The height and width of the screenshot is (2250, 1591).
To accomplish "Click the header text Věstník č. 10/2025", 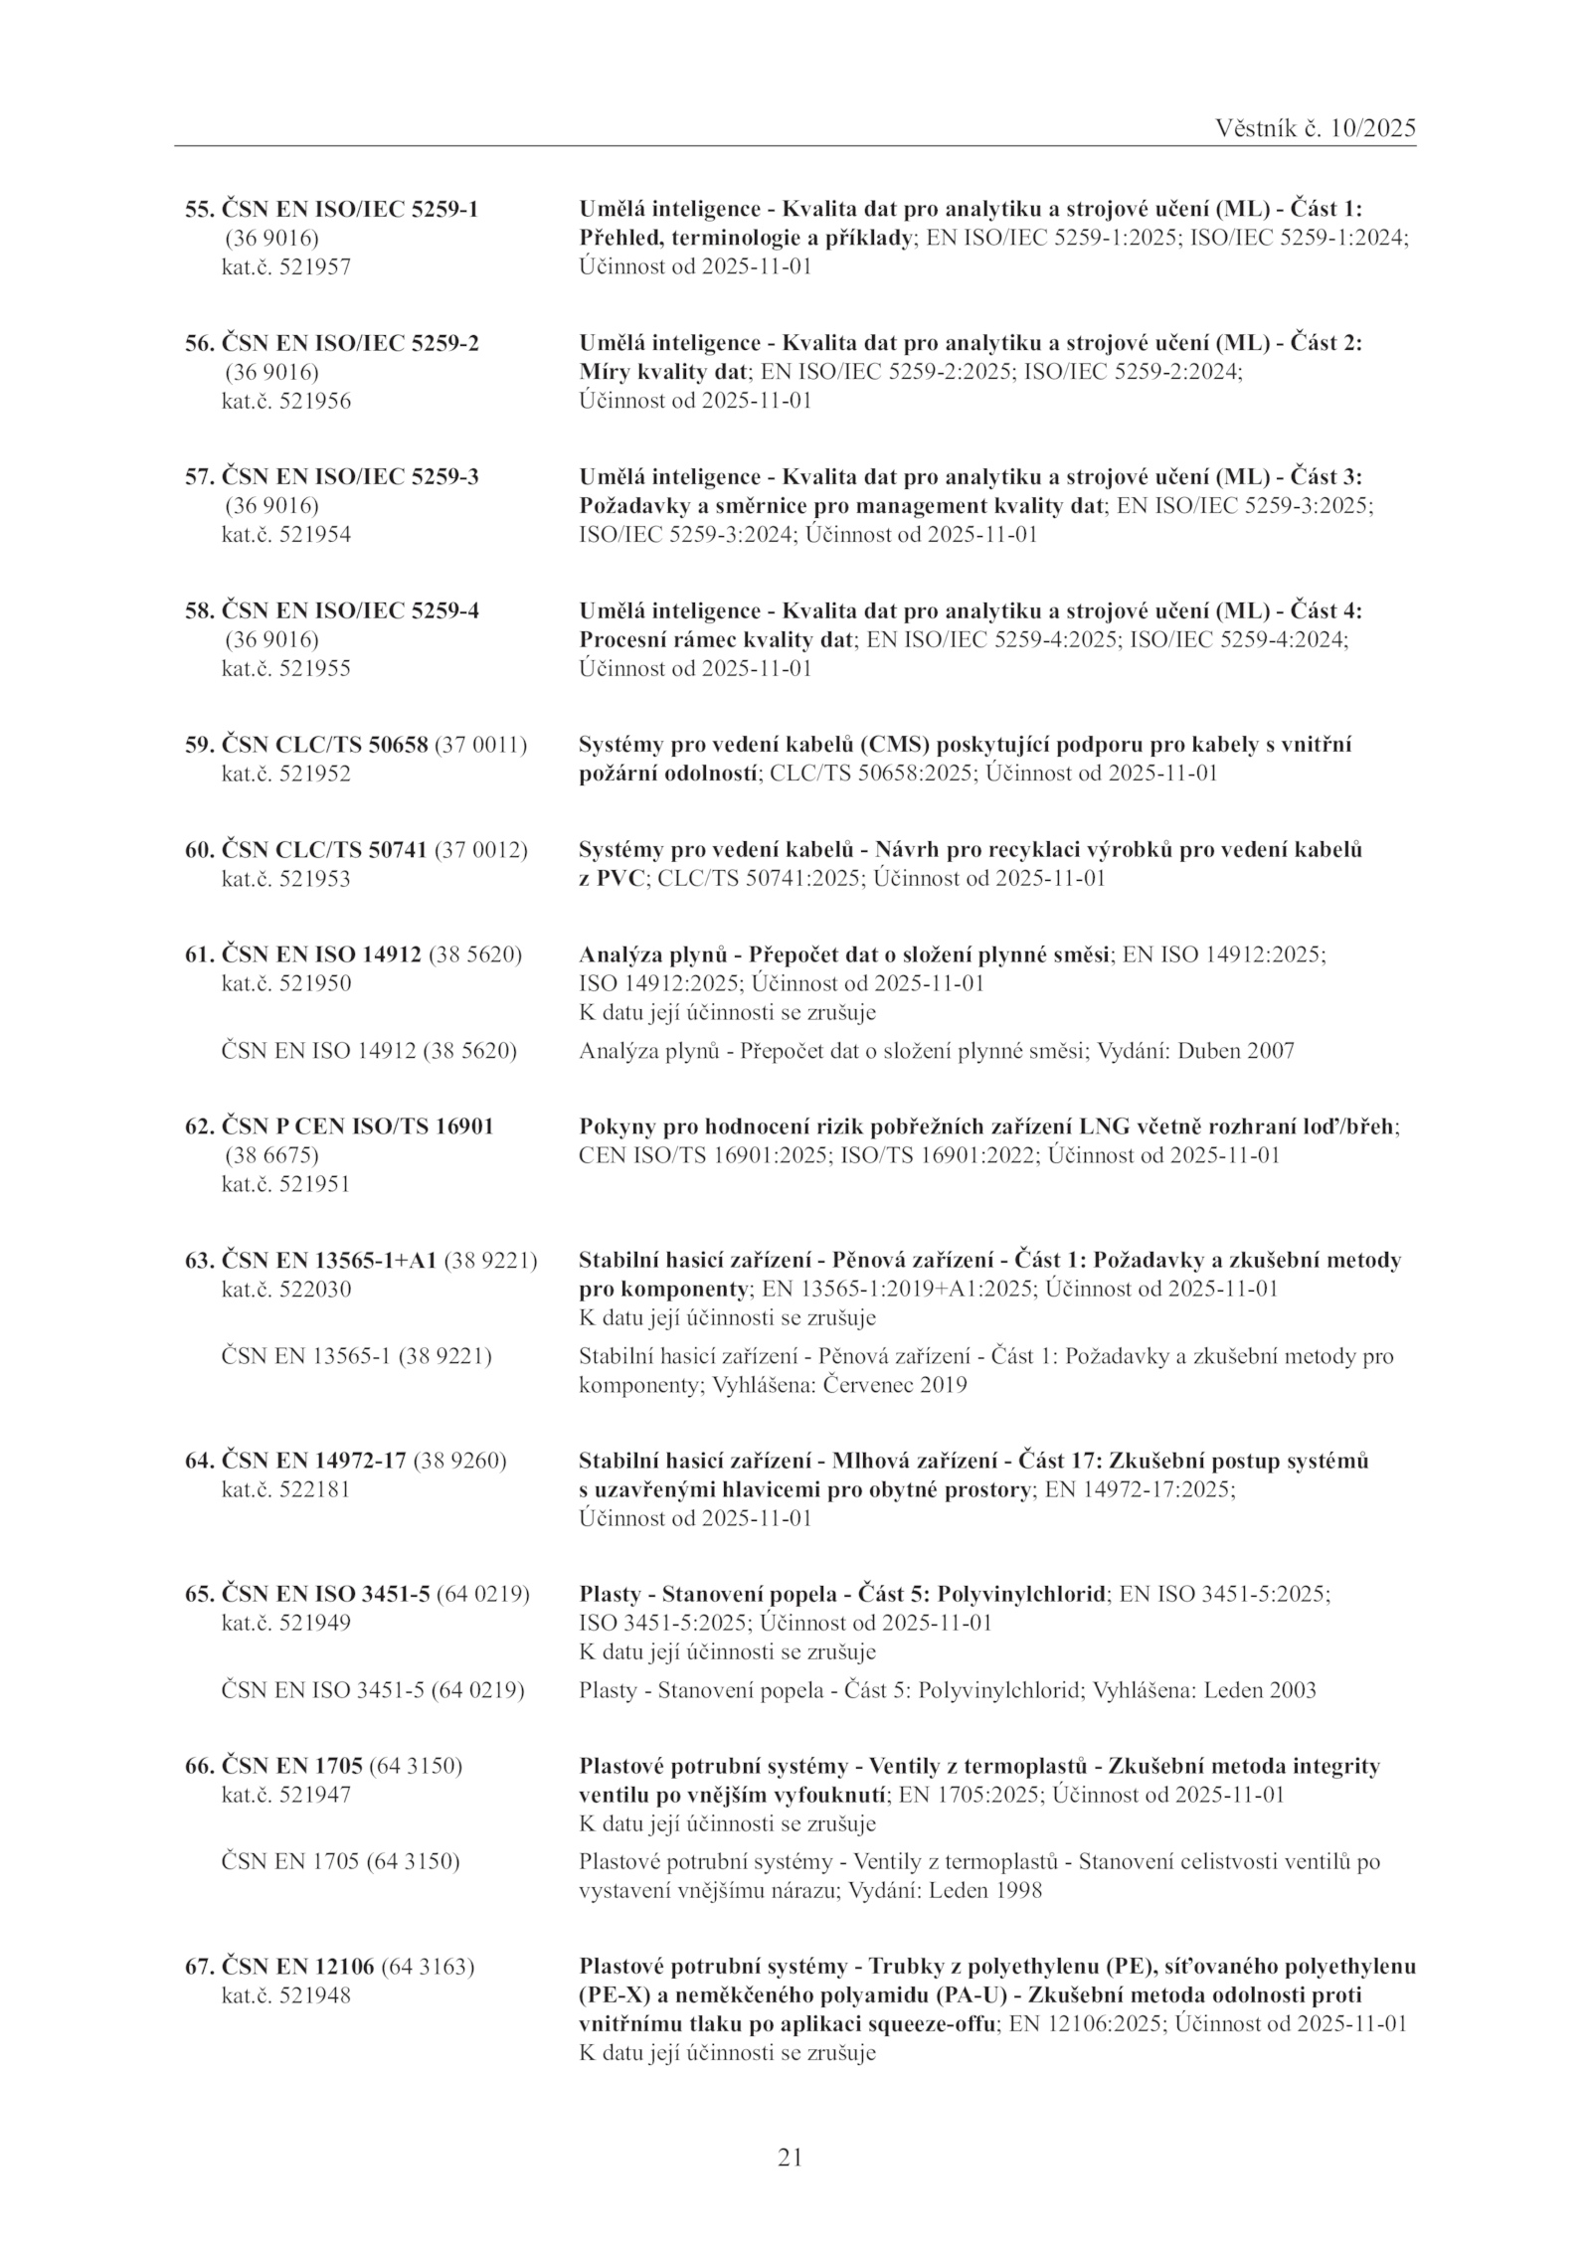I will [x=1316, y=129].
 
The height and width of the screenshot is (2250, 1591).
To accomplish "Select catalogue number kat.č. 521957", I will [x=285, y=267].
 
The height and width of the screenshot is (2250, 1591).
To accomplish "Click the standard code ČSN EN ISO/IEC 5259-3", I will [x=349, y=476].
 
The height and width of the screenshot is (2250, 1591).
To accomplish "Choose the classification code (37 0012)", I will [x=480, y=850].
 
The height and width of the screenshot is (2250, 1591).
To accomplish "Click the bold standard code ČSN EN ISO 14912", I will [x=322, y=955].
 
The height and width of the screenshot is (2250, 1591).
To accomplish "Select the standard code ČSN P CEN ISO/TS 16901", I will [x=357, y=1126].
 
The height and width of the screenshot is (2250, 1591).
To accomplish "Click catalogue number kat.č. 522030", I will [x=285, y=1290].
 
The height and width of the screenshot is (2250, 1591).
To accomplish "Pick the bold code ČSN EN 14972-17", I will [x=313, y=1461].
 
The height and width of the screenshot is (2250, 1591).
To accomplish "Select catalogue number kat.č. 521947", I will [x=285, y=1795].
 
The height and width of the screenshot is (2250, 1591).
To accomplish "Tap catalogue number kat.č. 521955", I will [x=285, y=669].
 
